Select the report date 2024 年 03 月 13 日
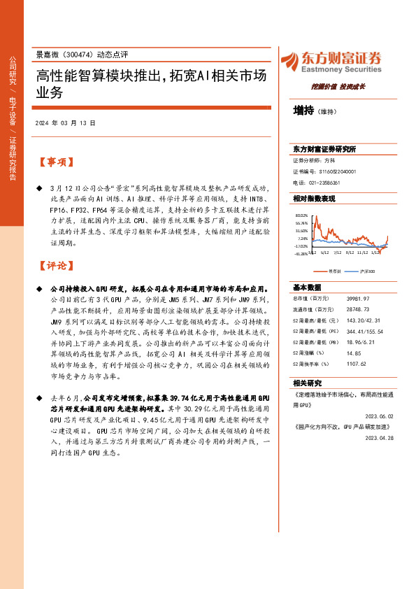point(65,123)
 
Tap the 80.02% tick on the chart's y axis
point(301,215)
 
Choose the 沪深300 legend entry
point(368,271)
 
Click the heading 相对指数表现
point(314,199)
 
